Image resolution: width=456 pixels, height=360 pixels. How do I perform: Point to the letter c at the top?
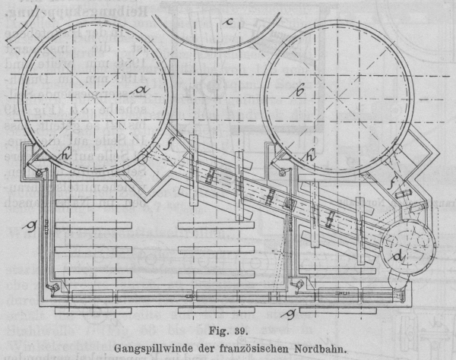coord(229,21)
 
